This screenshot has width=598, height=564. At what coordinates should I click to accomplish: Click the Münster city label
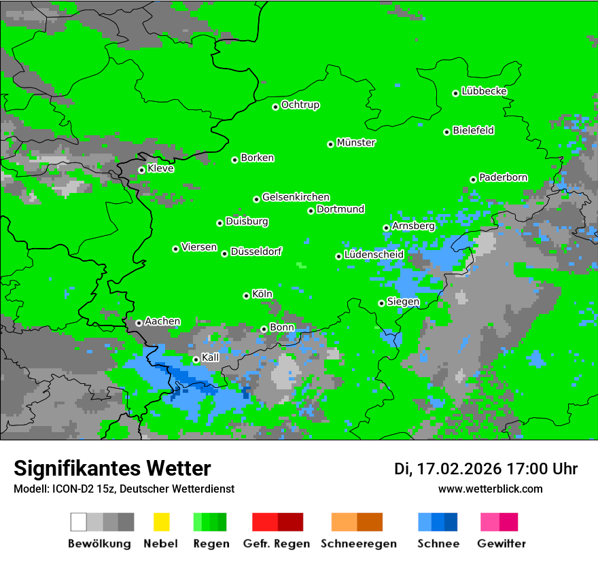click(356, 143)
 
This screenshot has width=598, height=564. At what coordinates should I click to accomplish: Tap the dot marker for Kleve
click(141, 170)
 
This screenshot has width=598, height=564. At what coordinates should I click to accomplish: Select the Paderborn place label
click(503, 177)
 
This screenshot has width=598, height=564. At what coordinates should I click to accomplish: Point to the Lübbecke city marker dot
click(456, 93)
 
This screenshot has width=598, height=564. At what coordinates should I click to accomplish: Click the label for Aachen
click(162, 321)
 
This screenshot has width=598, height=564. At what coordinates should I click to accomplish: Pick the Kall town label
click(211, 357)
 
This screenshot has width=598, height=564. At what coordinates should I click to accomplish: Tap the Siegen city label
click(403, 302)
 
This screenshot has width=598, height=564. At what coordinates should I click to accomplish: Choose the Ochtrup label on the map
click(300, 105)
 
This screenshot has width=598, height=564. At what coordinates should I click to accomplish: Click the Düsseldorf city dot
click(224, 253)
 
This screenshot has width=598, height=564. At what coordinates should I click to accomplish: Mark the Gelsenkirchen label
click(296, 197)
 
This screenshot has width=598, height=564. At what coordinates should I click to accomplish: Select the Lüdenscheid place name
click(374, 255)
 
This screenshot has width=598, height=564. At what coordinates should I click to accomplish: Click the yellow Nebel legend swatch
click(161, 522)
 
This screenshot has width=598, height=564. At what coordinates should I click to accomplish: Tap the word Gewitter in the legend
click(502, 544)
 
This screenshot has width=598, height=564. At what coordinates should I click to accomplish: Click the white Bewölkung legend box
click(79, 522)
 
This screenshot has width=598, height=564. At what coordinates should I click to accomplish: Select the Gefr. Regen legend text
click(276, 544)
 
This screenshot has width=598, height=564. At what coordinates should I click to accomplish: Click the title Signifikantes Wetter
click(112, 468)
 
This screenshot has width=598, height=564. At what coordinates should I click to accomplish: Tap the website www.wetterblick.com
click(490, 489)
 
